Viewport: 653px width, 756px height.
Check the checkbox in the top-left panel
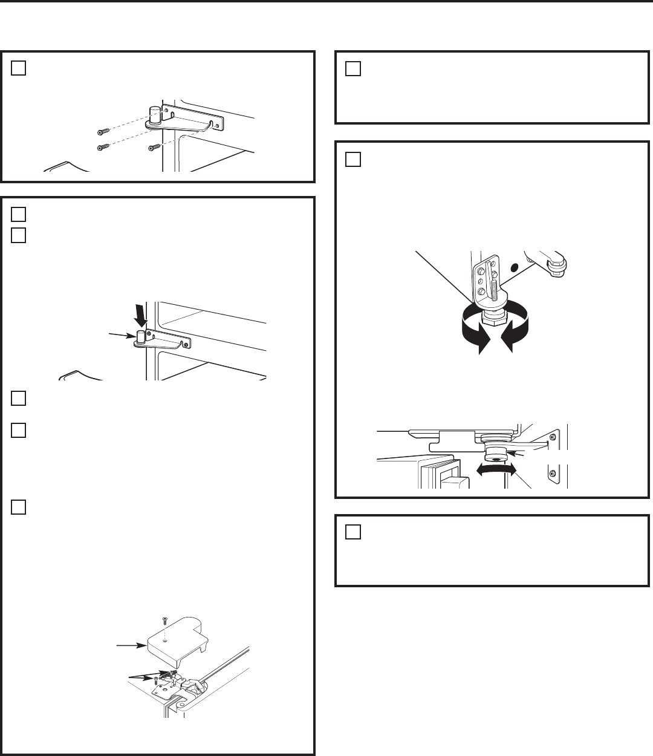(x=18, y=68)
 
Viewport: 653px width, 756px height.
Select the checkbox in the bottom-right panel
(x=353, y=532)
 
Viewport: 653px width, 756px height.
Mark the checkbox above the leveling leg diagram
(x=353, y=158)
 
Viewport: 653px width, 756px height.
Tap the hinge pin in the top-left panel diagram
(x=154, y=114)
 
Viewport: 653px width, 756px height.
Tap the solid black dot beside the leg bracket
(x=514, y=267)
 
